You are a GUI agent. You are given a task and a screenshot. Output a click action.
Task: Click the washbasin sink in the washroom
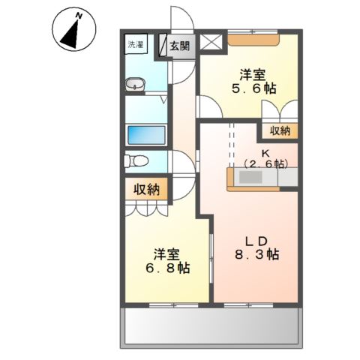tap(135, 85)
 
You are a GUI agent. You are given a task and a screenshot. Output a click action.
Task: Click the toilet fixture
tap(136, 161)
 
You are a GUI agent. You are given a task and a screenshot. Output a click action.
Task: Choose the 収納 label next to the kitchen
tap(280, 131)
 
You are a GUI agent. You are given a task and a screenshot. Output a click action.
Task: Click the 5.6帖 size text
tap(253, 88)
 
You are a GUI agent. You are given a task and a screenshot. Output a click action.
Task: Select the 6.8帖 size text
tap(166, 267)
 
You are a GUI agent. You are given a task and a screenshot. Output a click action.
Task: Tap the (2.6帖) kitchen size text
tap(265, 163)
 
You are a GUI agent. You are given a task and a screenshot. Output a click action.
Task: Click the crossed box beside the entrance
tap(213, 43)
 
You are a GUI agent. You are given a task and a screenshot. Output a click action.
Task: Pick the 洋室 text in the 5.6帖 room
tap(252, 74)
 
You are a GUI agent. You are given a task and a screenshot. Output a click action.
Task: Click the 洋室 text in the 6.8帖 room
tap(166, 253)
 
